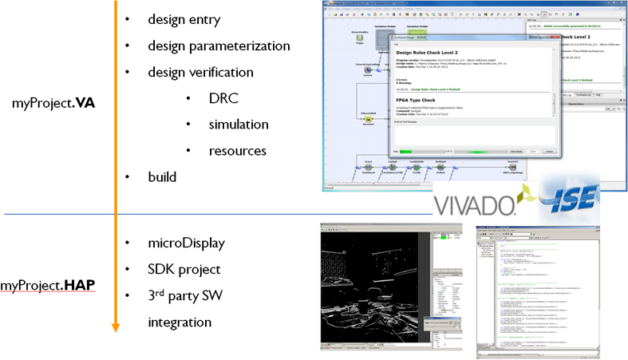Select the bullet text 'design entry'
coord(184,19)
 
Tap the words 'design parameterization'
coord(219,45)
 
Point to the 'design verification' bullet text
coord(201,72)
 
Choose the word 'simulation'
coord(238,124)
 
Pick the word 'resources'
coord(238,150)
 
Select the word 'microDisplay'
coord(186,243)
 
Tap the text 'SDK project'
coord(184,269)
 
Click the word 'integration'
coord(180,322)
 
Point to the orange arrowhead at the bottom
coord(116,326)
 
